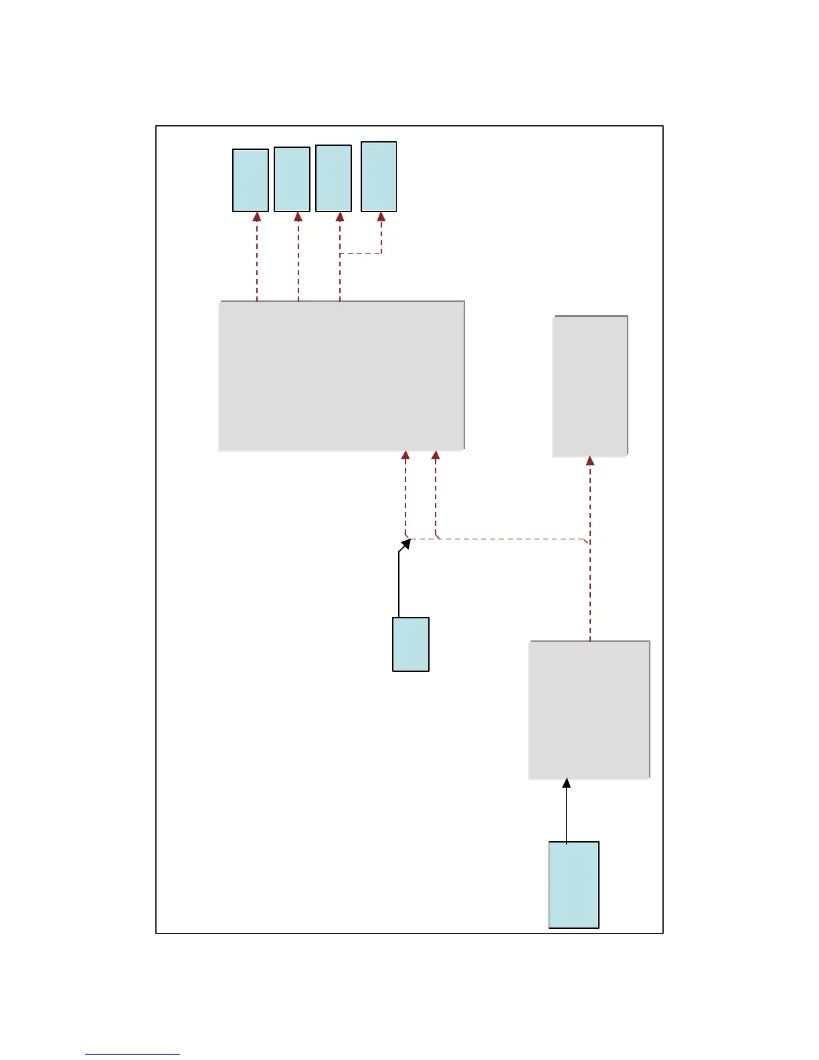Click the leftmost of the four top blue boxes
[x=250, y=180]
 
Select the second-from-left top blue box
[x=292, y=179]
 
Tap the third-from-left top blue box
[x=333, y=178]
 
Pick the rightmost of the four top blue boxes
[x=379, y=177]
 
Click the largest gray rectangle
[x=341, y=375]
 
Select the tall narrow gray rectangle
[x=590, y=386]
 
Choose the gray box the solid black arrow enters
[x=589, y=710]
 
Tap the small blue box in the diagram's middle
[x=410, y=644]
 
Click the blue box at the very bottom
[x=573, y=885]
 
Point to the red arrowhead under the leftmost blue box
[x=257, y=217]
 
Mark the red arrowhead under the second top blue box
[x=298, y=217]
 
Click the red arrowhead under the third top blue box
[x=340, y=217]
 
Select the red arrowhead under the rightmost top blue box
[x=381, y=217]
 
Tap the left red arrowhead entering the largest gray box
[x=405, y=455]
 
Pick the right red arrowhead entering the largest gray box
[x=436, y=455]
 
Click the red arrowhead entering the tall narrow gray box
[x=590, y=460]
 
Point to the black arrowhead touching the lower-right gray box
[x=567, y=783]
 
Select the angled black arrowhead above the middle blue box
[x=405, y=544]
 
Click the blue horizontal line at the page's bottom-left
[x=132, y=1054]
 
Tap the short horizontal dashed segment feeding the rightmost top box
[x=361, y=253]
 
